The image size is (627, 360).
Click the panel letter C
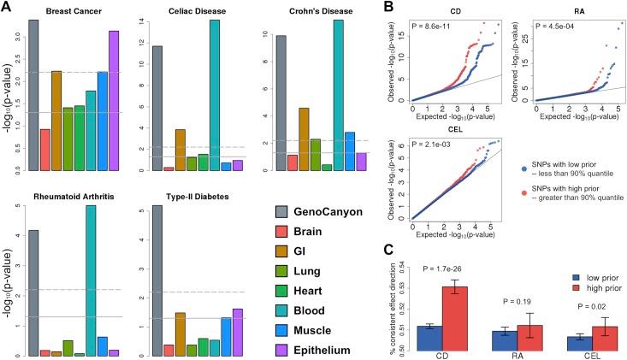pos(389,251)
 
